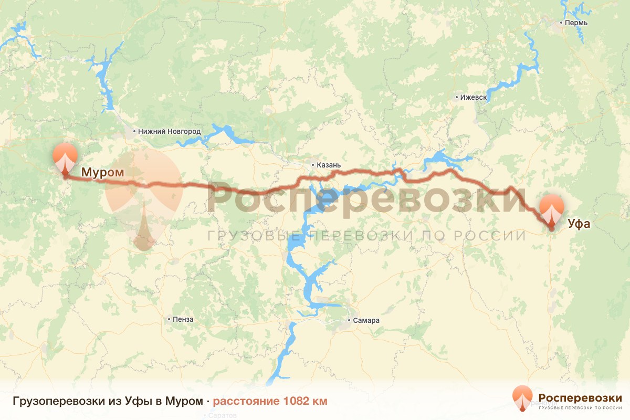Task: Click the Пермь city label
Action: tap(576, 23)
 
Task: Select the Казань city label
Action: tap(329, 165)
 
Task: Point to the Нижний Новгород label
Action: tap(169, 131)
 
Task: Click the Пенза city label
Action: tap(183, 319)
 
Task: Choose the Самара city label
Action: tap(366, 321)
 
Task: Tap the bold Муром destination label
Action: tap(102, 172)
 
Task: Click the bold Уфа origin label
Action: tap(579, 225)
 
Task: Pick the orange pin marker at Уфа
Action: tap(552, 210)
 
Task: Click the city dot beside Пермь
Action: tap(561, 23)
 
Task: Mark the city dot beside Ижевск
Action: tap(457, 98)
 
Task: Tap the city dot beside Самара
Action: tap(350, 320)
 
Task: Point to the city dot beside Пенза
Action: tap(169, 319)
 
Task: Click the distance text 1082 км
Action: tap(305, 402)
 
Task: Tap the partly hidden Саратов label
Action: tap(223, 415)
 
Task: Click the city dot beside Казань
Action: tap(313, 165)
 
